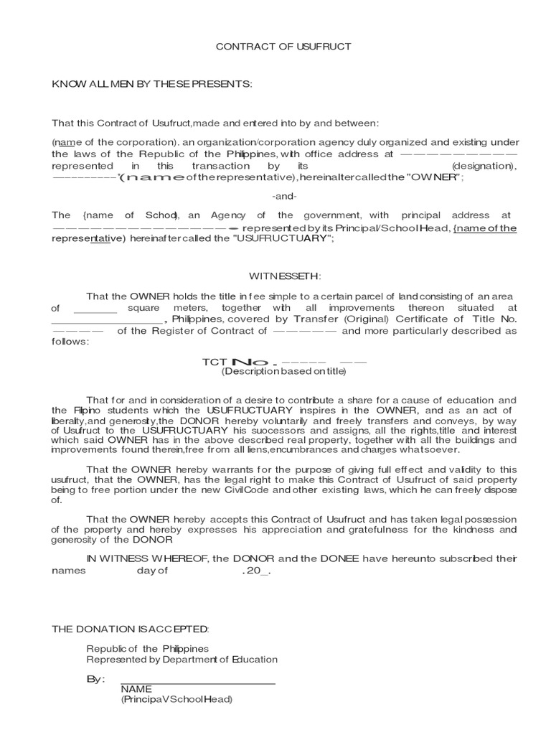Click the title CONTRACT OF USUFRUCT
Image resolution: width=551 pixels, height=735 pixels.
coord(284,47)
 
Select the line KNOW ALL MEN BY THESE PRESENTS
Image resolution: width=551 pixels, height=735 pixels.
coord(152,84)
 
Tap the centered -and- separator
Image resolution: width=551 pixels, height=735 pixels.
coord(285,196)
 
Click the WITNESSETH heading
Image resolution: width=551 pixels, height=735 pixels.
coord(285,276)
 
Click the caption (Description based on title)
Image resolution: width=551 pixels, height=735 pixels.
coord(284,371)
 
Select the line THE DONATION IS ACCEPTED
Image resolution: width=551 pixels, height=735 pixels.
coord(131,629)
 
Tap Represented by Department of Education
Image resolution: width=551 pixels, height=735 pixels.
coord(182,660)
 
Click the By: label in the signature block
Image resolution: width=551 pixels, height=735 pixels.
coord(96,679)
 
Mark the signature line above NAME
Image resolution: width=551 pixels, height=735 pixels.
coord(198,684)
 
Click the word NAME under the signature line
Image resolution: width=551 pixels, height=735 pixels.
coord(136,689)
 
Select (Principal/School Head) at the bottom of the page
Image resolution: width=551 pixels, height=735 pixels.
coord(176,699)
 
